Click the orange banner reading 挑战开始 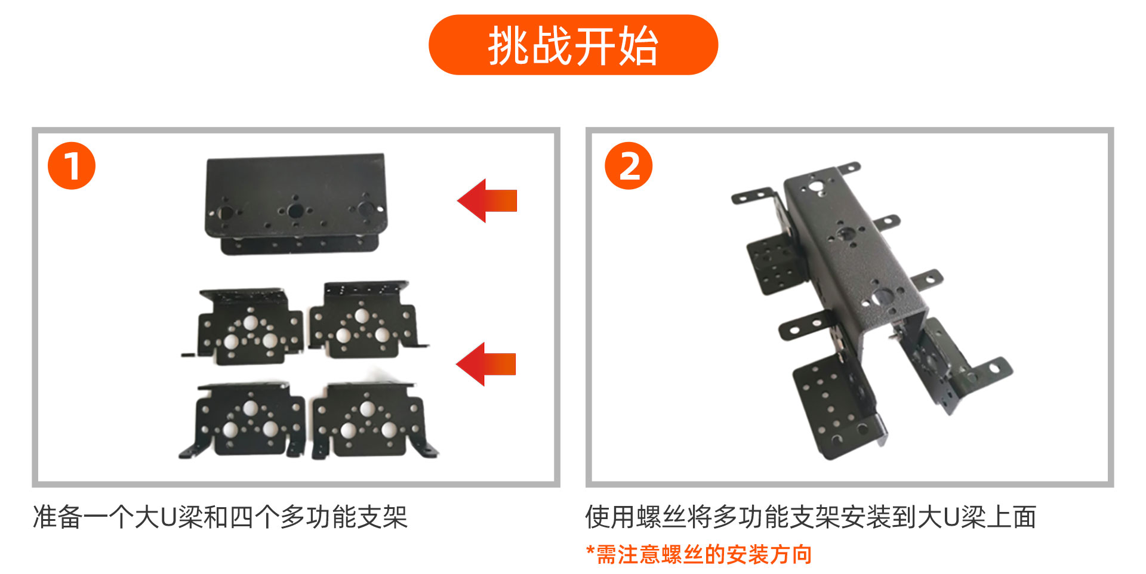click(573, 45)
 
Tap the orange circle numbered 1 click(72, 166)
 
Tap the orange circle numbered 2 click(629, 166)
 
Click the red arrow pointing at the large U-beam click(487, 200)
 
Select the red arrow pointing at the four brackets click(486, 364)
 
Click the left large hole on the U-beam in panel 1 click(226, 213)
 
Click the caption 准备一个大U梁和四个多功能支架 click(220, 517)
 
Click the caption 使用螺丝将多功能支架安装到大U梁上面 click(811, 517)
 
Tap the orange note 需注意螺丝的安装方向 click(704, 554)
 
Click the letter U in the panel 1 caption click(169, 517)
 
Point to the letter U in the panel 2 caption click(952, 517)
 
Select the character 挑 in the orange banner click(509, 45)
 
